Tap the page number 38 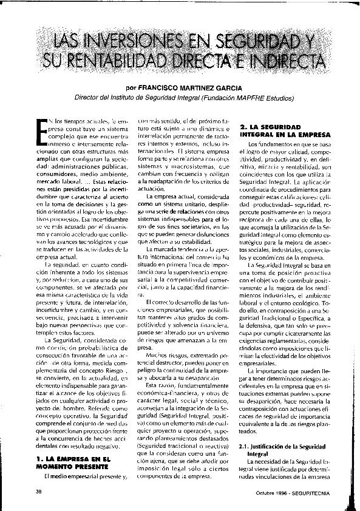(38, 490)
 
